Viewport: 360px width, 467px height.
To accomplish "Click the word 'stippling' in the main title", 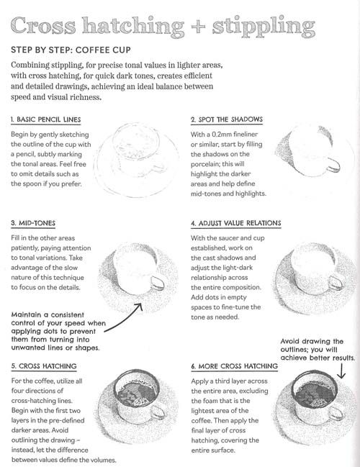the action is point(264,27).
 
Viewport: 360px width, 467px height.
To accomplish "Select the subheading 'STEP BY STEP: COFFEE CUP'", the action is point(71,50).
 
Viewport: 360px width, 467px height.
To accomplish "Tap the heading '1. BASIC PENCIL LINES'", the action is point(46,119).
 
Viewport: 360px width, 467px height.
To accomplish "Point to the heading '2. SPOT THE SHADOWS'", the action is point(227,119).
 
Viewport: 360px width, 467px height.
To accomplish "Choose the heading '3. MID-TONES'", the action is point(33,223).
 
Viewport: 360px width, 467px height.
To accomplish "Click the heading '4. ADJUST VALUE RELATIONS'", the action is point(236,223).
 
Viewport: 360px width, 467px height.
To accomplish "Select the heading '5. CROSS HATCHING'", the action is point(44,366).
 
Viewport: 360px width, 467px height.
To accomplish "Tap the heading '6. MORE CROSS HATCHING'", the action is point(235,366).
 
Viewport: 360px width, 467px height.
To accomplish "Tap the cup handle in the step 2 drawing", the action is point(333,165).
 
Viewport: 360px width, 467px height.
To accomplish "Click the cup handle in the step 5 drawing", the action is point(158,412).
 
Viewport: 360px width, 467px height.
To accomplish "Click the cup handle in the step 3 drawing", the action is point(157,283).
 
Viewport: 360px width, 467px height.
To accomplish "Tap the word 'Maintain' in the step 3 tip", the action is point(27,314).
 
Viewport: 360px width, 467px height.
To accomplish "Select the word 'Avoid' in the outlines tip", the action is point(290,341).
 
